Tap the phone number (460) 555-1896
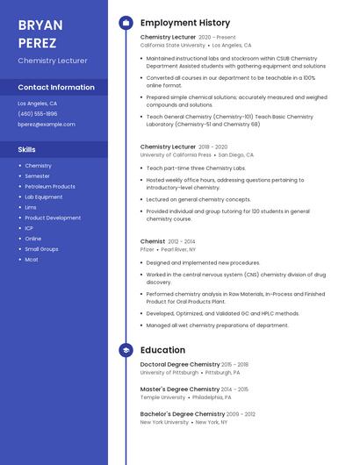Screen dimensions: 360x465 38,113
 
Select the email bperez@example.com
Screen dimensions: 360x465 47,124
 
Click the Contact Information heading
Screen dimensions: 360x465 56,87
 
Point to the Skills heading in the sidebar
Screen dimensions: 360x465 27,149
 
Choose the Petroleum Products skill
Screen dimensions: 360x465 50,186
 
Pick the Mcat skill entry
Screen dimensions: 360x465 32,259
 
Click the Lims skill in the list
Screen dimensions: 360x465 31,207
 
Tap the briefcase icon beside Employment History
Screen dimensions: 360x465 126,23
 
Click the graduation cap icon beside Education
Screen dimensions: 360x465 126,350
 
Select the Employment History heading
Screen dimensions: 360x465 185,23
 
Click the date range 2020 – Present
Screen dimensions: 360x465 217,38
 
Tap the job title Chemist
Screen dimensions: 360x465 153,241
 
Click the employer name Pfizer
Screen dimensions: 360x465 148,249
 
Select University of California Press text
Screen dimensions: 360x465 176,154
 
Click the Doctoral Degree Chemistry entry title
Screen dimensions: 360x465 180,364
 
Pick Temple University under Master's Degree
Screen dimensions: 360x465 162,397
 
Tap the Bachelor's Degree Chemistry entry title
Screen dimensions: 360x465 183,413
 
